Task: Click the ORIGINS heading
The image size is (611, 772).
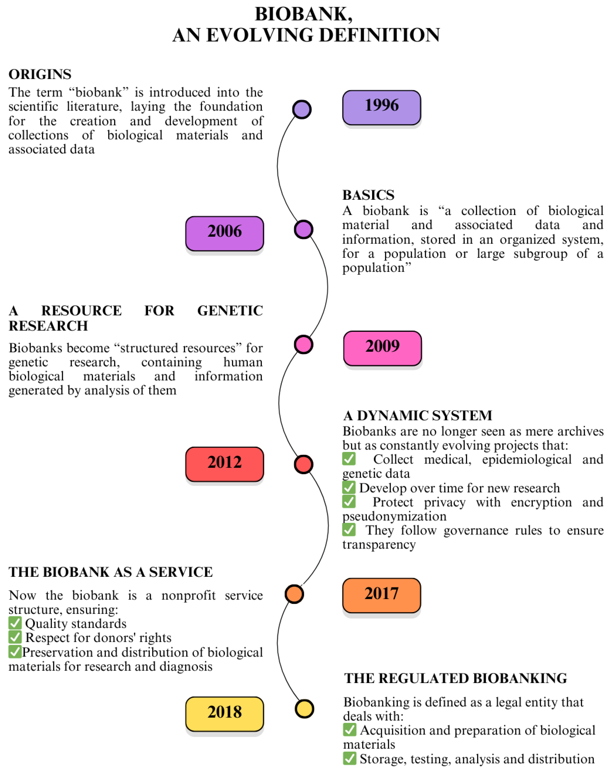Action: (x=40, y=74)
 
